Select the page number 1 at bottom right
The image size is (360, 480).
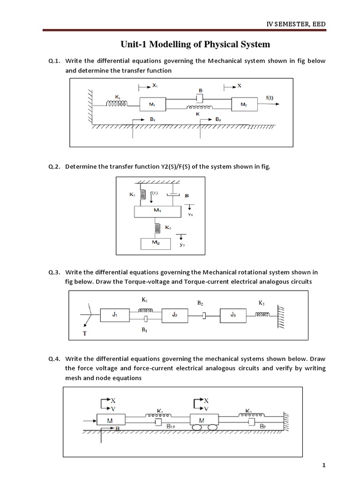(323, 465)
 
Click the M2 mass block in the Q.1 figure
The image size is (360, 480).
(245, 105)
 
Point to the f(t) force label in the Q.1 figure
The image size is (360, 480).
(270, 98)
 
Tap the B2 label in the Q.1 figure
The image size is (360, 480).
(218, 120)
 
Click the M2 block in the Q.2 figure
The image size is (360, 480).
(156, 243)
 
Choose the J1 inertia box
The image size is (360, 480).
(114, 315)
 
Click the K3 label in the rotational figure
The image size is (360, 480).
(262, 303)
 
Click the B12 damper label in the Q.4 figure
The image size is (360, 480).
(172, 427)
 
